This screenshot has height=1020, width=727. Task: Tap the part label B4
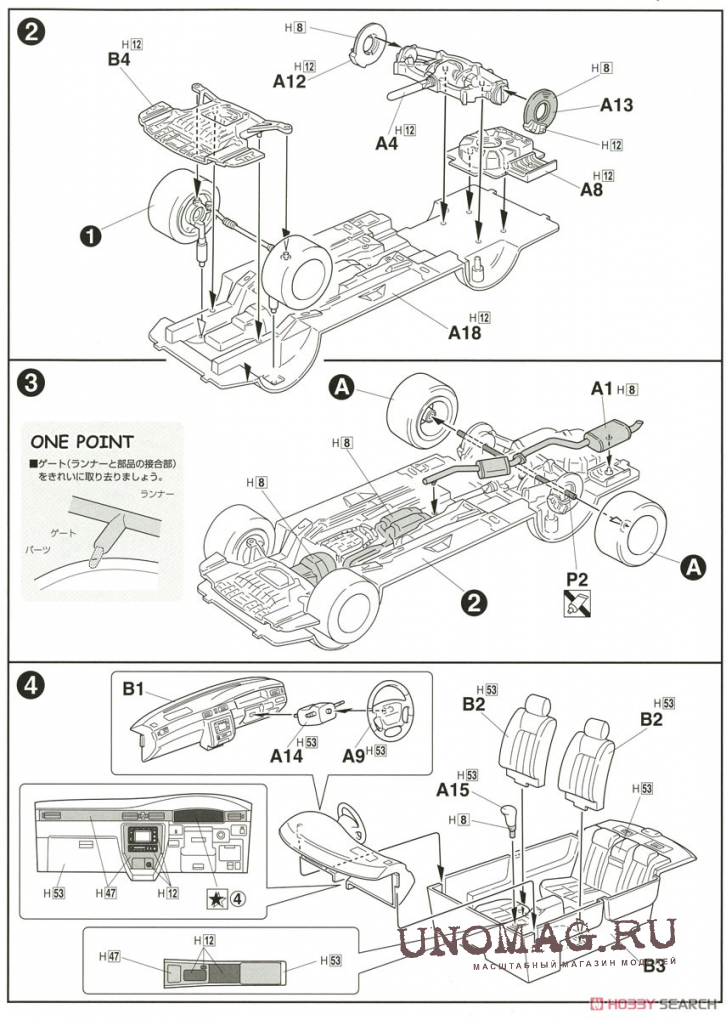pos(120,60)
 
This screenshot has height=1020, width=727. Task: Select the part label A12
pos(288,82)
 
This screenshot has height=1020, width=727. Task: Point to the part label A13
pos(617,104)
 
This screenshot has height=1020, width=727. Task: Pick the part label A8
pos(591,190)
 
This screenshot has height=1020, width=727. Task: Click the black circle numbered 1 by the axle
pos(92,236)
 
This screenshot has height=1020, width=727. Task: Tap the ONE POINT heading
pos(81,441)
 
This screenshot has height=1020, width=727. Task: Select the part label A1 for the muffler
pos(601,388)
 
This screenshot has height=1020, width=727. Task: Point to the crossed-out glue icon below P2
pos(575,602)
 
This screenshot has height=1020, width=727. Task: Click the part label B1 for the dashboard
pos(135,689)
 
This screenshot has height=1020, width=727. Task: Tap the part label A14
pos(285,757)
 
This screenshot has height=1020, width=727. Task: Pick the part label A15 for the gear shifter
pos(452,789)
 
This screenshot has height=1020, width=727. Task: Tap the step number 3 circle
pos(31,382)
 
